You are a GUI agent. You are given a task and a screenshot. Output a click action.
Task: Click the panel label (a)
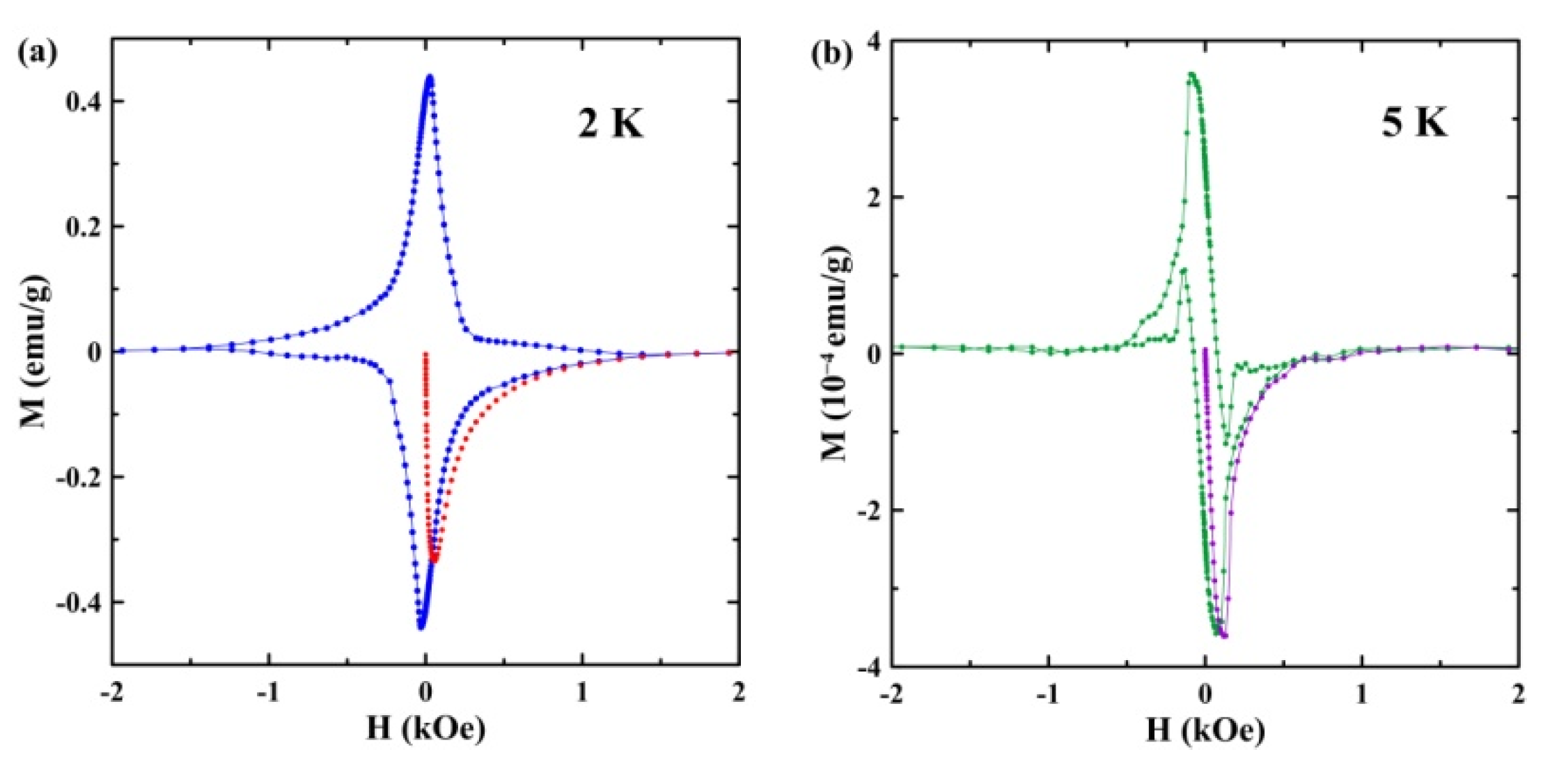coord(37,53)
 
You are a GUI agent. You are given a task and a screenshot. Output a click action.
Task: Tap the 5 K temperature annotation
coord(1414,124)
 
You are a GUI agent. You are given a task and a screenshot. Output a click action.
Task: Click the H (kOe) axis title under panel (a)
coord(425,729)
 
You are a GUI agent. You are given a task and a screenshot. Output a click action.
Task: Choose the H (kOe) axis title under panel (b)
coord(1205,730)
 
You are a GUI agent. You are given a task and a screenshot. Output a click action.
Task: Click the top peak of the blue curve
coord(430,77)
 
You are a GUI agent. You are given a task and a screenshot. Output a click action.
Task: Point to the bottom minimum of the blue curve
coord(421,627)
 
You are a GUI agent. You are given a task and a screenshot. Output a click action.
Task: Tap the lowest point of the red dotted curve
coord(435,558)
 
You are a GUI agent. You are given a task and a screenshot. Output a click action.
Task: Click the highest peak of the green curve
coord(1192,74)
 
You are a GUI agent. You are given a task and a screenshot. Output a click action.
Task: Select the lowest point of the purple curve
coord(1224,635)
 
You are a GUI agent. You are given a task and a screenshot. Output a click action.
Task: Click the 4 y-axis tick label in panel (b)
coord(873,42)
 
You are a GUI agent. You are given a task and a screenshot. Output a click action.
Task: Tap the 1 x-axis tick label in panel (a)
coord(582,693)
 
